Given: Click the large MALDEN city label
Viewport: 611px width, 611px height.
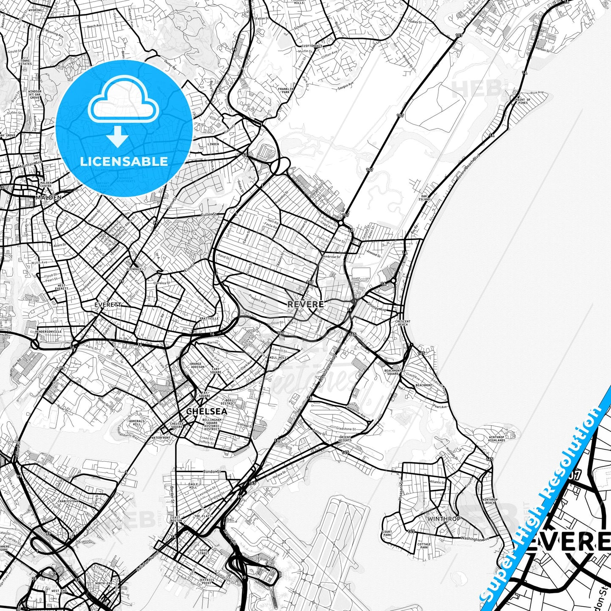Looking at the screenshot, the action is (x=49, y=197).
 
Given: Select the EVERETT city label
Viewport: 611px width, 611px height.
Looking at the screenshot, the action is (x=108, y=304).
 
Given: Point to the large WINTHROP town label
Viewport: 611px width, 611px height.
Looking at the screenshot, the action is (x=444, y=519).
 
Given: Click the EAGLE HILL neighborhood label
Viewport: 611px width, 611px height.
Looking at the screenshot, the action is (x=193, y=486).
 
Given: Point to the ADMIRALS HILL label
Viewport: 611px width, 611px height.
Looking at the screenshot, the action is (x=137, y=422).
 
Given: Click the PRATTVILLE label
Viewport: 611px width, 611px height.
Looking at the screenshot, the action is (x=209, y=318).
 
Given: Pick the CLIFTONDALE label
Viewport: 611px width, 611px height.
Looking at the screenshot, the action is (x=312, y=46).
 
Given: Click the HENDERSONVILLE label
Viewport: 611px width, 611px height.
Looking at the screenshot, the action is (x=49, y=332).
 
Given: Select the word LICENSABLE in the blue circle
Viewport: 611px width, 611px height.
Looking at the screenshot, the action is (x=124, y=161).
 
